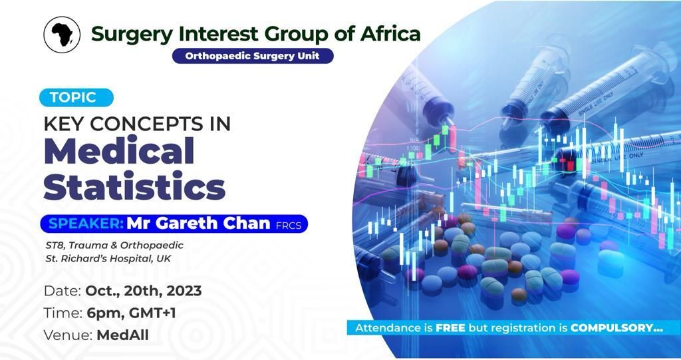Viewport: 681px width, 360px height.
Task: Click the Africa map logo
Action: pos(62,35)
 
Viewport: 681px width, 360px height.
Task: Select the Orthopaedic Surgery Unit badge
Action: pos(252,56)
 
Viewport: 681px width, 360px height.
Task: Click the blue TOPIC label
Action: pos(76,97)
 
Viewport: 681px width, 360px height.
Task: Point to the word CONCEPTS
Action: pos(146,124)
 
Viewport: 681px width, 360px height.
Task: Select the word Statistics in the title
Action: pos(134,186)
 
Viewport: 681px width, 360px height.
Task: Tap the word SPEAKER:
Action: pos(86,224)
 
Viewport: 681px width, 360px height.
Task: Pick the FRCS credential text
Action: pos(289,225)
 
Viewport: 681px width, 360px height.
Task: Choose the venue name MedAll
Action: pos(122,335)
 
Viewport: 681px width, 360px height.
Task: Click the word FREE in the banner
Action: pos(450,328)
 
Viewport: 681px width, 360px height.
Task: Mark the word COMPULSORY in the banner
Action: pos(612,328)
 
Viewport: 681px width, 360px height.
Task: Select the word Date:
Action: pos(63,291)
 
